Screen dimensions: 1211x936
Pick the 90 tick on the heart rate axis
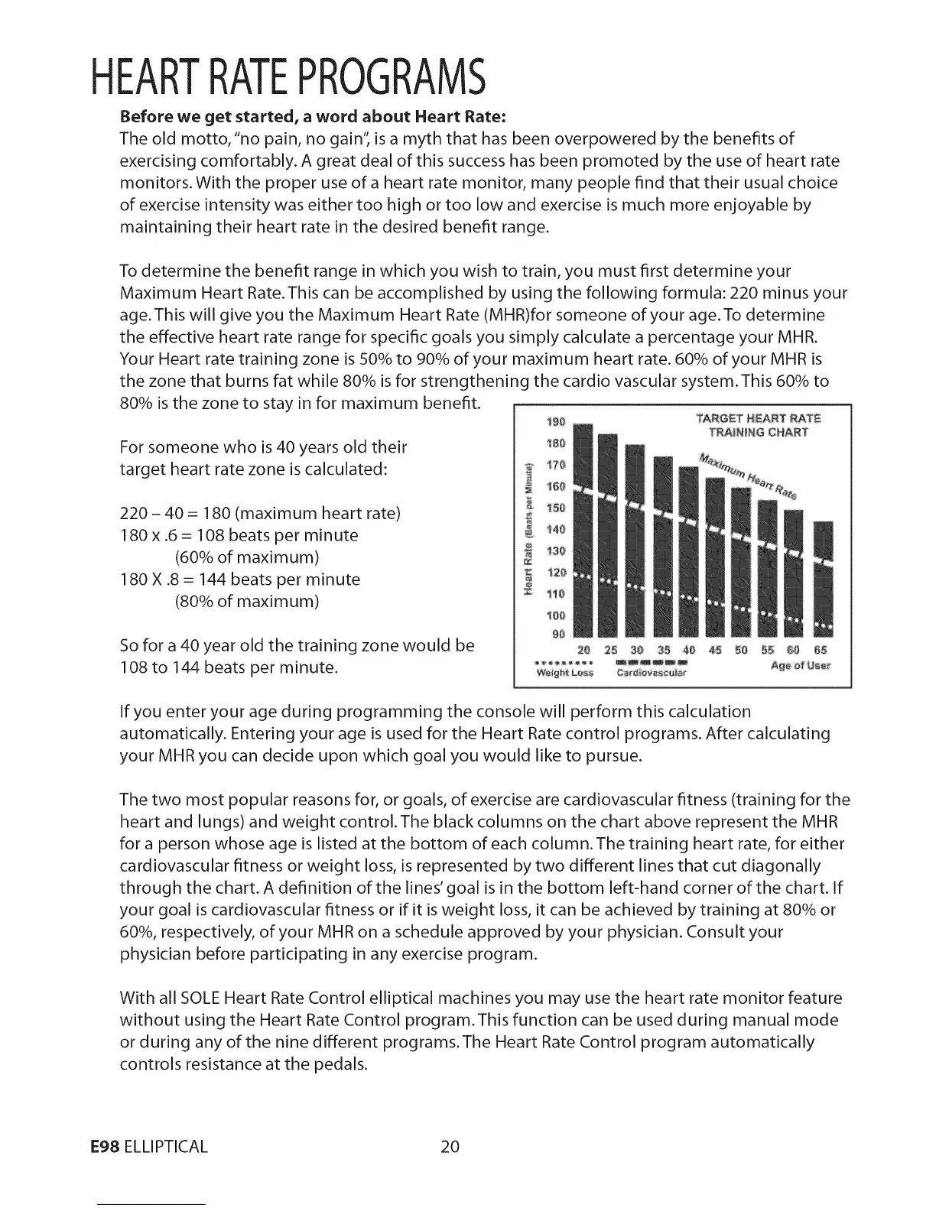point(557,634)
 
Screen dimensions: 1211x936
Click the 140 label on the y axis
point(557,528)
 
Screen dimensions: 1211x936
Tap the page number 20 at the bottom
point(449,1146)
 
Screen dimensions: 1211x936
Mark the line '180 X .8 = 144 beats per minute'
point(240,579)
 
